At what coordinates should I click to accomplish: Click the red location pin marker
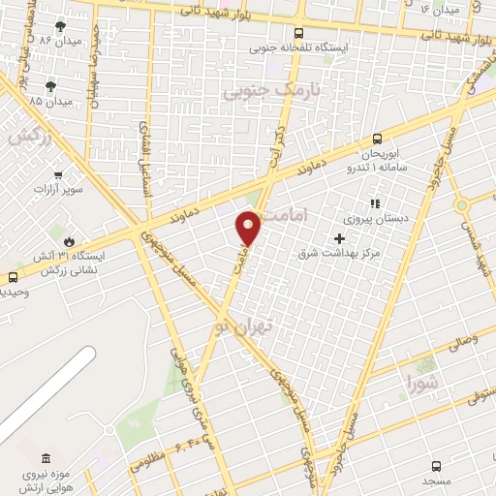point(249,228)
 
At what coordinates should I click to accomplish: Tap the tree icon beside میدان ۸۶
point(61,26)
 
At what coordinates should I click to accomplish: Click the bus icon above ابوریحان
point(378,139)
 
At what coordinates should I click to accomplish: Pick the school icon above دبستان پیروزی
point(374,203)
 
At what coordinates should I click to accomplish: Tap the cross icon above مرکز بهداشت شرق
point(339,237)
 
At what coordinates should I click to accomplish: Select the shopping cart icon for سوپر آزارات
point(59,175)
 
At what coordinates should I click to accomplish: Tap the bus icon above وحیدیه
point(12,276)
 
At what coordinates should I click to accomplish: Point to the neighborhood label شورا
point(423,381)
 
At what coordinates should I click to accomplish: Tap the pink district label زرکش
point(29,138)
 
